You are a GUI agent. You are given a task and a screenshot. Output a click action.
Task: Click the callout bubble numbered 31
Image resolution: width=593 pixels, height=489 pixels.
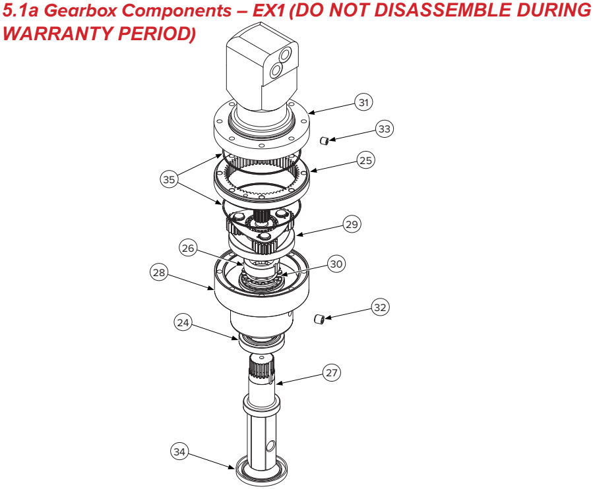coord(363,102)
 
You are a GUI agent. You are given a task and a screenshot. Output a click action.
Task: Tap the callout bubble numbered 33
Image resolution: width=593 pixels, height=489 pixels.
coord(385,129)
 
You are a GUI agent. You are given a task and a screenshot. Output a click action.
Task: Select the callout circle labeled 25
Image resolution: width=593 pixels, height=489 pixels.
coord(365,160)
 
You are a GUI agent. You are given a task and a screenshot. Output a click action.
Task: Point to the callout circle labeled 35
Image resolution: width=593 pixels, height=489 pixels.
coord(169,179)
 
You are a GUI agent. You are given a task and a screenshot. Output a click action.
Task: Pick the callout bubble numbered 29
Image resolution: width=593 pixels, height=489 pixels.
coord(352,224)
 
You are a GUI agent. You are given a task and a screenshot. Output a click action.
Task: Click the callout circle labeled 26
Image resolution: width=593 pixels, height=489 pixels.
coord(187,248)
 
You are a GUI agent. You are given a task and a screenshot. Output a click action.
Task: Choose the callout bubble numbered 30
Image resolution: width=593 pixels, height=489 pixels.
coord(336,264)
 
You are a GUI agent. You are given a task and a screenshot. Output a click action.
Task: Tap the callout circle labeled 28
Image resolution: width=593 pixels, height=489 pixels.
coord(159,272)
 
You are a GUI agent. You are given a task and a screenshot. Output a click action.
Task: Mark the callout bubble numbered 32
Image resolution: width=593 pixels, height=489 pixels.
coord(380,307)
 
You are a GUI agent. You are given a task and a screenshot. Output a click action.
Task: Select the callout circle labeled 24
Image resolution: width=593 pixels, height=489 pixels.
coord(183,322)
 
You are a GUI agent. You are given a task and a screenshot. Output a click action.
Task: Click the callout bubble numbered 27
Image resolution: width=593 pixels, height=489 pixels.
coord(332,372)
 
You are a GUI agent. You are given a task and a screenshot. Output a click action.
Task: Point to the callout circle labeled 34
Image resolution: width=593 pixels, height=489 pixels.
coord(179,451)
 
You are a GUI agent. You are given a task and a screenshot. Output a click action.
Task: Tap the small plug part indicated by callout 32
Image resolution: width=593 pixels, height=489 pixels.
coord(319,319)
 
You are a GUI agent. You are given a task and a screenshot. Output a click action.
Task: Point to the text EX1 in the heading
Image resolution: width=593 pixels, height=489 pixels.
coord(268,10)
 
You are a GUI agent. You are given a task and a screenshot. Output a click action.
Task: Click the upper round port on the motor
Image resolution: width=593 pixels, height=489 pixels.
coord(285,55)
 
